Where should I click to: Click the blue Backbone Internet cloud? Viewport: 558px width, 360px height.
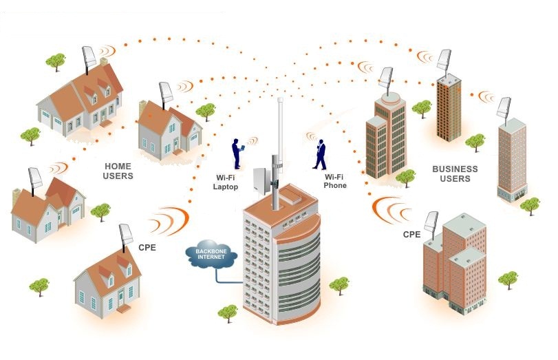(211, 254)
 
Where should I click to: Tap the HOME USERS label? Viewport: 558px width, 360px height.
(118, 171)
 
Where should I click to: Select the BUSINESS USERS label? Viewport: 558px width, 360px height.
(455, 173)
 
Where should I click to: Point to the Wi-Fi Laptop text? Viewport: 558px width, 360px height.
(225, 182)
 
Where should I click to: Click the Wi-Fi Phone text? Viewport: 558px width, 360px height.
(335, 181)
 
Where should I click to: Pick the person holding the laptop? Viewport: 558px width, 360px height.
(237, 153)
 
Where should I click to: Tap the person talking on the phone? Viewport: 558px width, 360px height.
(320, 155)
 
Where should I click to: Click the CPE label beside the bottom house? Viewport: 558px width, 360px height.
(147, 248)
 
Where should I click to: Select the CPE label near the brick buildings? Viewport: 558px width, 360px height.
(411, 234)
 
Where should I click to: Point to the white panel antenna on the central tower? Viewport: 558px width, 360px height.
(262, 181)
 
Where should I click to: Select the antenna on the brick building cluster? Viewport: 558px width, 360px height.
(431, 224)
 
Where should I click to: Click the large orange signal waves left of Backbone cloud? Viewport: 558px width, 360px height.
(170, 221)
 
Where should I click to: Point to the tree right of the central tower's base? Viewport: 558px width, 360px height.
(339, 285)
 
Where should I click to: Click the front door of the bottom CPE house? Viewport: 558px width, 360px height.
(121, 297)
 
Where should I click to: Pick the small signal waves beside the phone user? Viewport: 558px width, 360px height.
(312, 136)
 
